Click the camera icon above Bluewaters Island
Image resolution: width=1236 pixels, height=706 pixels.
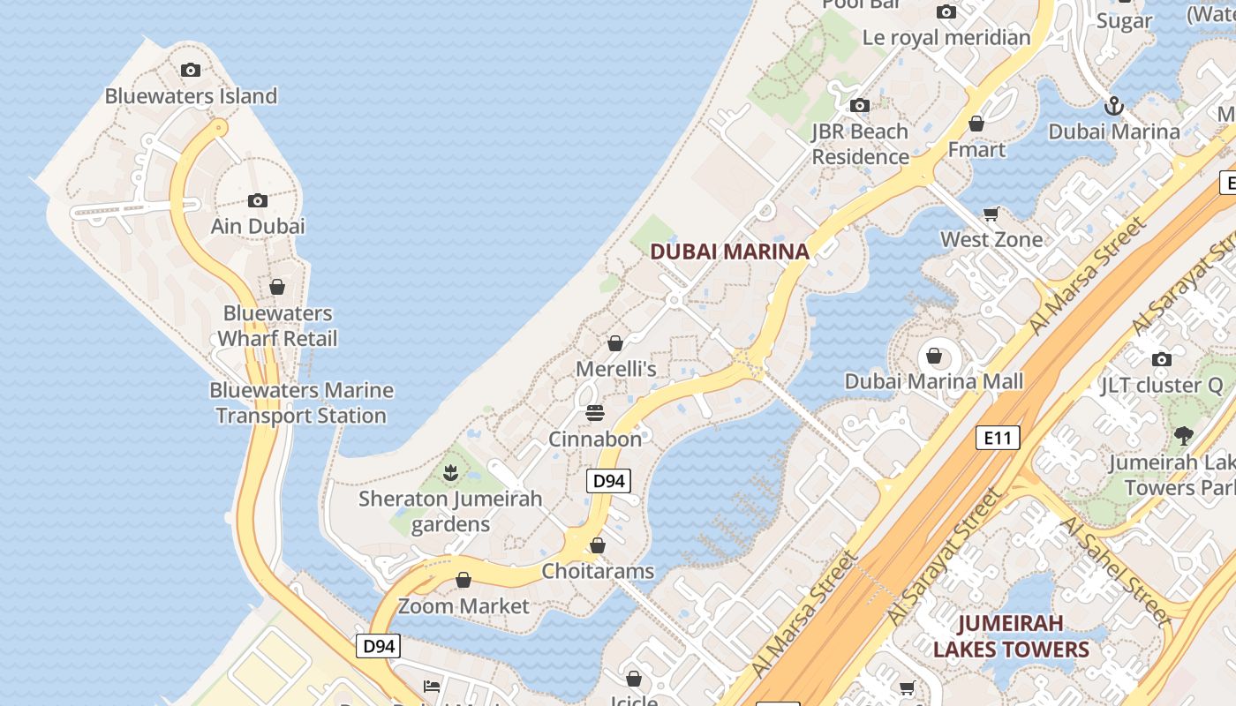click(x=190, y=71)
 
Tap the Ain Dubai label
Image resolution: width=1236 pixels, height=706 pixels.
click(x=258, y=226)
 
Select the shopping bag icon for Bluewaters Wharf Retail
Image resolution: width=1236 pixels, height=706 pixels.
click(x=277, y=287)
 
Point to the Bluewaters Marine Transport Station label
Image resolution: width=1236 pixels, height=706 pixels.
click(x=301, y=402)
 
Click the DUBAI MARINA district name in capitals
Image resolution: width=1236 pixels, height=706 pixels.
click(x=729, y=252)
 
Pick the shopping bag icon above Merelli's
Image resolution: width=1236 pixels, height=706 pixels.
click(x=615, y=343)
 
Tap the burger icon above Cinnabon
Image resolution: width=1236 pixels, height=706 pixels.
click(x=594, y=413)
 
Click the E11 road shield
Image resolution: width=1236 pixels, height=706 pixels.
click(x=998, y=437)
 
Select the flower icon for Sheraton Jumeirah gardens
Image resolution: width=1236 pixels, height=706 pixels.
click(x=450, y=473)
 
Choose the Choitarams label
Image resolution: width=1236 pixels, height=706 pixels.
click(x=598, y=571)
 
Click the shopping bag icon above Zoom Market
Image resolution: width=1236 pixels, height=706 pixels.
click(x=463, y=580)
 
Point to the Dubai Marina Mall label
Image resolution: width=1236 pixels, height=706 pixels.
click(x=934, y=381)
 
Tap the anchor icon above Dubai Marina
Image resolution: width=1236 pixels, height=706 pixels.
click(x=1114, y=106)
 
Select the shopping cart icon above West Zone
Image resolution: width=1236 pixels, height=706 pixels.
click(x=991, y=214)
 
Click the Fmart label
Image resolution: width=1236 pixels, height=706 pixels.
click(x=976, y=149)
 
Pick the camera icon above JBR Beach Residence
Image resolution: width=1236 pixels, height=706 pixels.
click(x=859, y=106)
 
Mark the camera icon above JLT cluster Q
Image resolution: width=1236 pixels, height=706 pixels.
click(x=1162, y=359)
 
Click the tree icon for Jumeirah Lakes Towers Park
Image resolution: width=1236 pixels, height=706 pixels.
click(x=1183, y=435)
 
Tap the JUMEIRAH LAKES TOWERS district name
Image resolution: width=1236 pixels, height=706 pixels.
click(x=1011, y=636)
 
